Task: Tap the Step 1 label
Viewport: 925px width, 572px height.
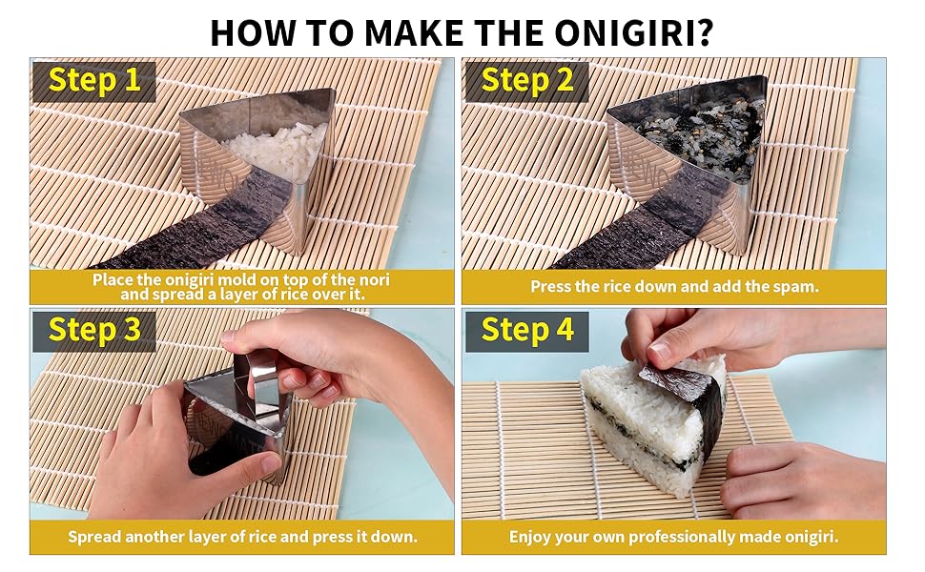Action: [x=94, y=80]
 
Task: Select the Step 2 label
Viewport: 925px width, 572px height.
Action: [x=526, y=80]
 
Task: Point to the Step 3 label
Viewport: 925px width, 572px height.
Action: [x=94, y=330]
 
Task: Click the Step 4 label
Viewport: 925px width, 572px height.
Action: [x=526, y=330]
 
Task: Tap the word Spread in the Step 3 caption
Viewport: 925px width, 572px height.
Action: [x=94, y=537]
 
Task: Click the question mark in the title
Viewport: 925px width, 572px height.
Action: [x=705, y=33]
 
